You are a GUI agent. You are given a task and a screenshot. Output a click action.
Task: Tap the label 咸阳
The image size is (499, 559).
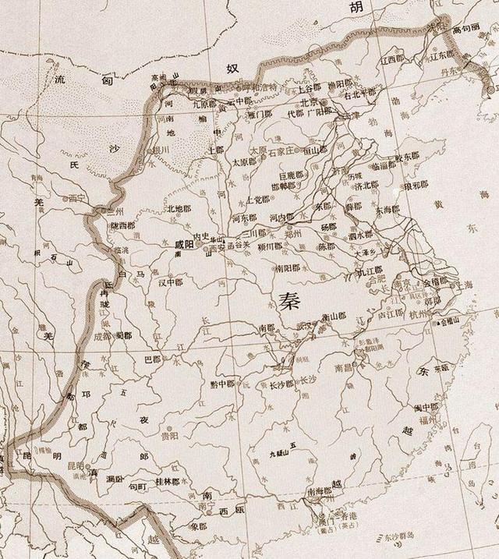click(187, 243)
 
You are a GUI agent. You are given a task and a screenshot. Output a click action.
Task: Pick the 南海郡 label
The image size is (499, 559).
click(320, 491)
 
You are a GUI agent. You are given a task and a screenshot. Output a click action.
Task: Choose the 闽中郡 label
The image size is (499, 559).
click(426, 408)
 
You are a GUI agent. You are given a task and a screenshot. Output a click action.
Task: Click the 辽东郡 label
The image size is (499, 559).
click(445, 56)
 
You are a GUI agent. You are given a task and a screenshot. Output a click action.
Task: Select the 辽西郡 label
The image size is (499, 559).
click(394, 59)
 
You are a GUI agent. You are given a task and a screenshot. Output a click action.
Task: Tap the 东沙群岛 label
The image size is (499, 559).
click(452, 534)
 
